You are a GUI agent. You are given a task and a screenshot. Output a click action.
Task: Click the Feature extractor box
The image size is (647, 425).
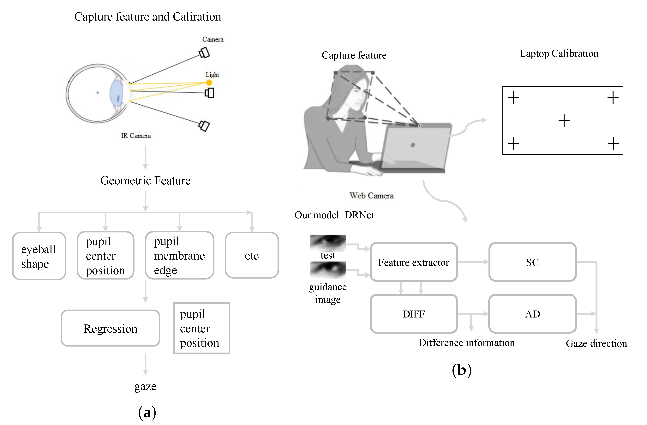[413, 262]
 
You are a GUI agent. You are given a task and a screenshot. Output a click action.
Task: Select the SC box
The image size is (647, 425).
[532, 262]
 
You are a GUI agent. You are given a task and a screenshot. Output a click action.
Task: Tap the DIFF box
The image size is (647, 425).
[413, 313]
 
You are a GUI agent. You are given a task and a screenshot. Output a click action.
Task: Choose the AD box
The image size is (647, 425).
[532, 313]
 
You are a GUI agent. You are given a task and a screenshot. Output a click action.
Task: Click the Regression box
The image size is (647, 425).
[110, 328]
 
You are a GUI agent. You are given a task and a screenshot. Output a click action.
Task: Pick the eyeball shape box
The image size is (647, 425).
[39, 256]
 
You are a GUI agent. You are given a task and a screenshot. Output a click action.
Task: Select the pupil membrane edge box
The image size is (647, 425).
[179, 255]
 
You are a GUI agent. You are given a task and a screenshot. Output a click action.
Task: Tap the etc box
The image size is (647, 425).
[252, 255]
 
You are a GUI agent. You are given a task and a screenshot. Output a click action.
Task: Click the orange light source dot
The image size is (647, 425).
[209, 83]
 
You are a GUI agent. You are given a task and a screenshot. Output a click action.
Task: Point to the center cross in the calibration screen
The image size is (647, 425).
[564, 121]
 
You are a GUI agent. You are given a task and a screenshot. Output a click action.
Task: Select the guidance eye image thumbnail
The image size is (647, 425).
[328, 270]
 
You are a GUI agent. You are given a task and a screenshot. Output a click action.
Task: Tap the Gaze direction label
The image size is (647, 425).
[596, 343]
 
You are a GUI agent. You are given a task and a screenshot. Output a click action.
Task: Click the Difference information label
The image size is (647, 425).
[466, 342]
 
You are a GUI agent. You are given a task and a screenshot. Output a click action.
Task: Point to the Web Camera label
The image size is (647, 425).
[371, 195]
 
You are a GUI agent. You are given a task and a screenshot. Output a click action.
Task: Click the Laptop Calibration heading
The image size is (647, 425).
[559, 54]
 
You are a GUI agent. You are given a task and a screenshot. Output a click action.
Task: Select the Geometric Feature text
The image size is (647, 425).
[145, 180]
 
